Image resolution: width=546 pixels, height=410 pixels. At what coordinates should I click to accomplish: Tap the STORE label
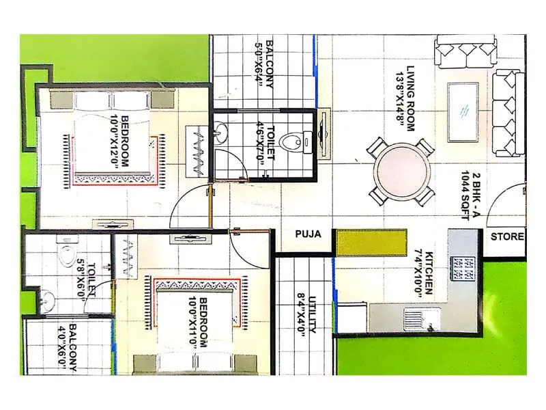(x=508, y=237)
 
